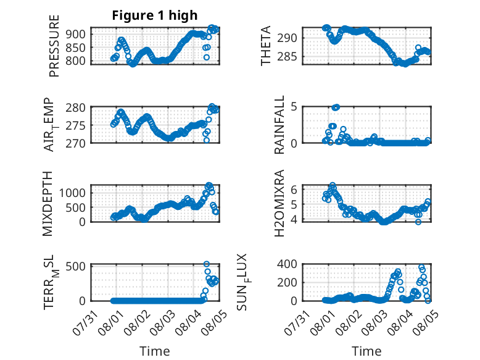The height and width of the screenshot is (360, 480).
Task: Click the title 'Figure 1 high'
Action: pyautogui.click(x=155, y=15)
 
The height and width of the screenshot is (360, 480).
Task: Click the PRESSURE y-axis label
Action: pyautogui.click(x=54, y=46)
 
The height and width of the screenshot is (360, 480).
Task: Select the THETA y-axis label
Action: pyautogui.click(x=266, y=46)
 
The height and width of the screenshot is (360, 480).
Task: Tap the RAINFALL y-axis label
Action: pyautogui.click(x=279, y=125)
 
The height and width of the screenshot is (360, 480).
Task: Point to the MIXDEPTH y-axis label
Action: pyautogui.click(x=48, y=204)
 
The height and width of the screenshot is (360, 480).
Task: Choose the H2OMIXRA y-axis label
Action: pyautogui.click(x=279, y=203)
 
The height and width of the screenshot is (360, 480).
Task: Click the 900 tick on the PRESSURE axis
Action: pyautogui.click(x=76, y=34)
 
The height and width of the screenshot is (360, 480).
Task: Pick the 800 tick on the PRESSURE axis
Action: pyautogui.click(x=76, y=61)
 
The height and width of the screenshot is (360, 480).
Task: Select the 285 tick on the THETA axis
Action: pyautogui.click(x=288, y=56)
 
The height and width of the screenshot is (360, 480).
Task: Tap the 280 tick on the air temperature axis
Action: pyautogui.click(x=76, y=108)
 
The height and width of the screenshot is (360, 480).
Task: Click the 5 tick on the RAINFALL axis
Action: pyautogui.click(x=294, y=107)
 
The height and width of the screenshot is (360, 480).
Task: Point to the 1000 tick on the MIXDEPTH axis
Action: pyautogui.click(x=73, y=193)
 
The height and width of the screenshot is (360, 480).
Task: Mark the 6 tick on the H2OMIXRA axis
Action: pyautogui.click(x=294, y=190)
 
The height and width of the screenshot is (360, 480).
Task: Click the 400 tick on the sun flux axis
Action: pyautogui.click(x=288, y=264)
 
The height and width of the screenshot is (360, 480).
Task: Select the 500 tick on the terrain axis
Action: pyautogui.click(x=76, y=266)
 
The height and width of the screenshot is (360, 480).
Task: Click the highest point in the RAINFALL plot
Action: pyautogui.click(x=336, y=107)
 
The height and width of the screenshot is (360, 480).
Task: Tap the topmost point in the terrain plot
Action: pyautogui.click(x=207, y=264)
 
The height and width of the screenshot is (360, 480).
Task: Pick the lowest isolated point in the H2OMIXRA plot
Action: pyautogui.click(x=418, y=222)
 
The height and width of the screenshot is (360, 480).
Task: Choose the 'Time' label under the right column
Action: pyautogui.click(x=366, y=351)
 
